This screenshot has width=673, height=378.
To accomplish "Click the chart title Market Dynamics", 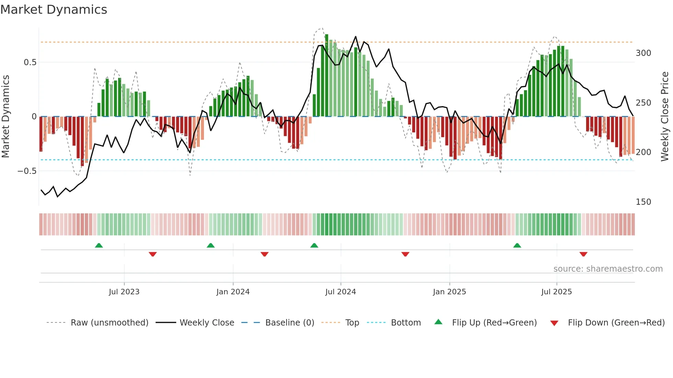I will pyautogui.click(x=54, y=10).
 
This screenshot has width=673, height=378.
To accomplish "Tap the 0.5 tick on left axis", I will pyautogui.click(x=30, y=62).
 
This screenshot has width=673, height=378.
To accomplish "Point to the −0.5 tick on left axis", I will pyautogui.click(x=27, y=171).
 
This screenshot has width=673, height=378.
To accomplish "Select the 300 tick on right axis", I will pyautogui.click(x=643, y=53).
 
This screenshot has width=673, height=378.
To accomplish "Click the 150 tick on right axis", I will pyautogui.click(x=643, y=202).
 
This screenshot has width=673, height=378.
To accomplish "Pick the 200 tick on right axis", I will pyautogui.click(x=643, y=152).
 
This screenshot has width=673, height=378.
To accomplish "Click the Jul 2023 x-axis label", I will pyautogui.click(x=124, y=292).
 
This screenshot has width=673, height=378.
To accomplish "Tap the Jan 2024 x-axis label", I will pyautogui.click(x=233, y=292).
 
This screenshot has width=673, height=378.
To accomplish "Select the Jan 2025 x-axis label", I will pyautogui.click(x=449, y=292).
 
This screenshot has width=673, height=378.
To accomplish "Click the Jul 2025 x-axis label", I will pyautogui.click(x=556, y=292).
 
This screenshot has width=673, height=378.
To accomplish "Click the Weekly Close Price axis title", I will pyautogui.click(x=665, y=117).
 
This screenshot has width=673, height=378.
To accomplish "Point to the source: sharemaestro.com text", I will pyautogui.click(x=608, y=269).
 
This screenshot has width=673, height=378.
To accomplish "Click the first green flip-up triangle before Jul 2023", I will pyautogui.click(x=99, y=245).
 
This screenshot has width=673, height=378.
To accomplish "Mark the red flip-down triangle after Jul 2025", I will pyautogui.click(x=583, y=254).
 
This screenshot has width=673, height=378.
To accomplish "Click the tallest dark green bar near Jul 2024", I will pyautogui.click(x=327, y=75).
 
